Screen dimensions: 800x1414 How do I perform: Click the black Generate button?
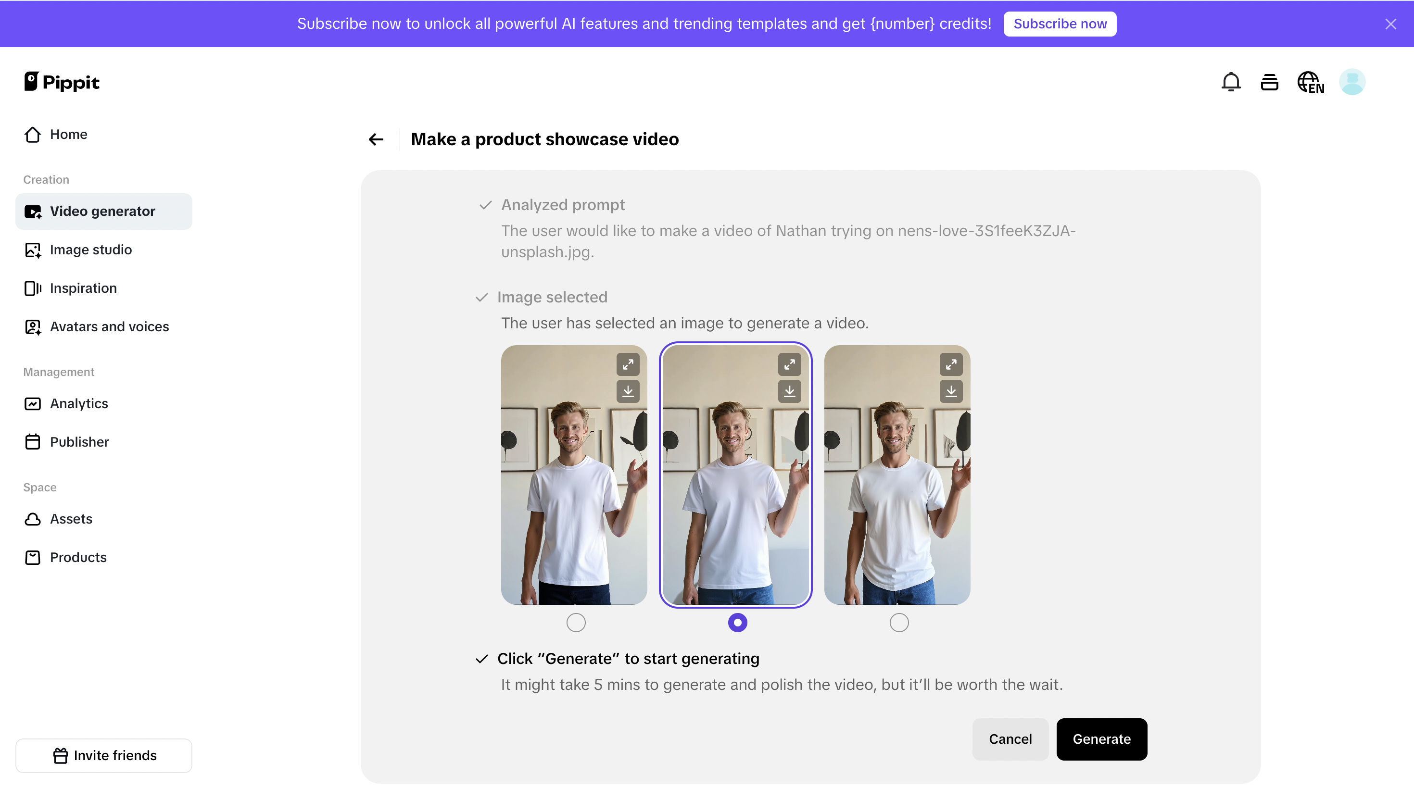point(1101,739)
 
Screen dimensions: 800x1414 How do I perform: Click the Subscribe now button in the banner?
point(1060,24)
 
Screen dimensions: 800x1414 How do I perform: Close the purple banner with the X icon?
point(1390,24)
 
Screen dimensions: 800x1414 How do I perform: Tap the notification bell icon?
point(1230,82)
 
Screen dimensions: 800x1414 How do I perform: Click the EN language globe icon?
point(1311,82)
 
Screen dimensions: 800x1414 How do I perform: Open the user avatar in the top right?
point(1352,82)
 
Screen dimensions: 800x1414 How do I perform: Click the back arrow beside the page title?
point(376,139)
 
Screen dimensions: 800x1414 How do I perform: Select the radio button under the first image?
point(575,623)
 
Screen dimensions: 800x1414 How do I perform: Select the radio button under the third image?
point(898,623)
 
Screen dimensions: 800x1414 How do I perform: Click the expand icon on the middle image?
point(789,364)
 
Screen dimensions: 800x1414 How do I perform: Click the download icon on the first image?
point(628,391)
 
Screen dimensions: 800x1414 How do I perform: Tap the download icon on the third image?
point(951,391)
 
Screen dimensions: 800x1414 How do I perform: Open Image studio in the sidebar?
point(91,250)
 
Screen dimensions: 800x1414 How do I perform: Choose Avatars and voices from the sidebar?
point(109,327)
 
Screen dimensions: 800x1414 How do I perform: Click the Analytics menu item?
point(78,404)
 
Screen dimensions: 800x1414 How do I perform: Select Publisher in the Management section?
point(79,442)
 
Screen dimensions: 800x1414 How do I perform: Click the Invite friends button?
point(104,755)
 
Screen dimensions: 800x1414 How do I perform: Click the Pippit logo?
point(62,82)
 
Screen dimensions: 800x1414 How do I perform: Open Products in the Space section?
point(78,558)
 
